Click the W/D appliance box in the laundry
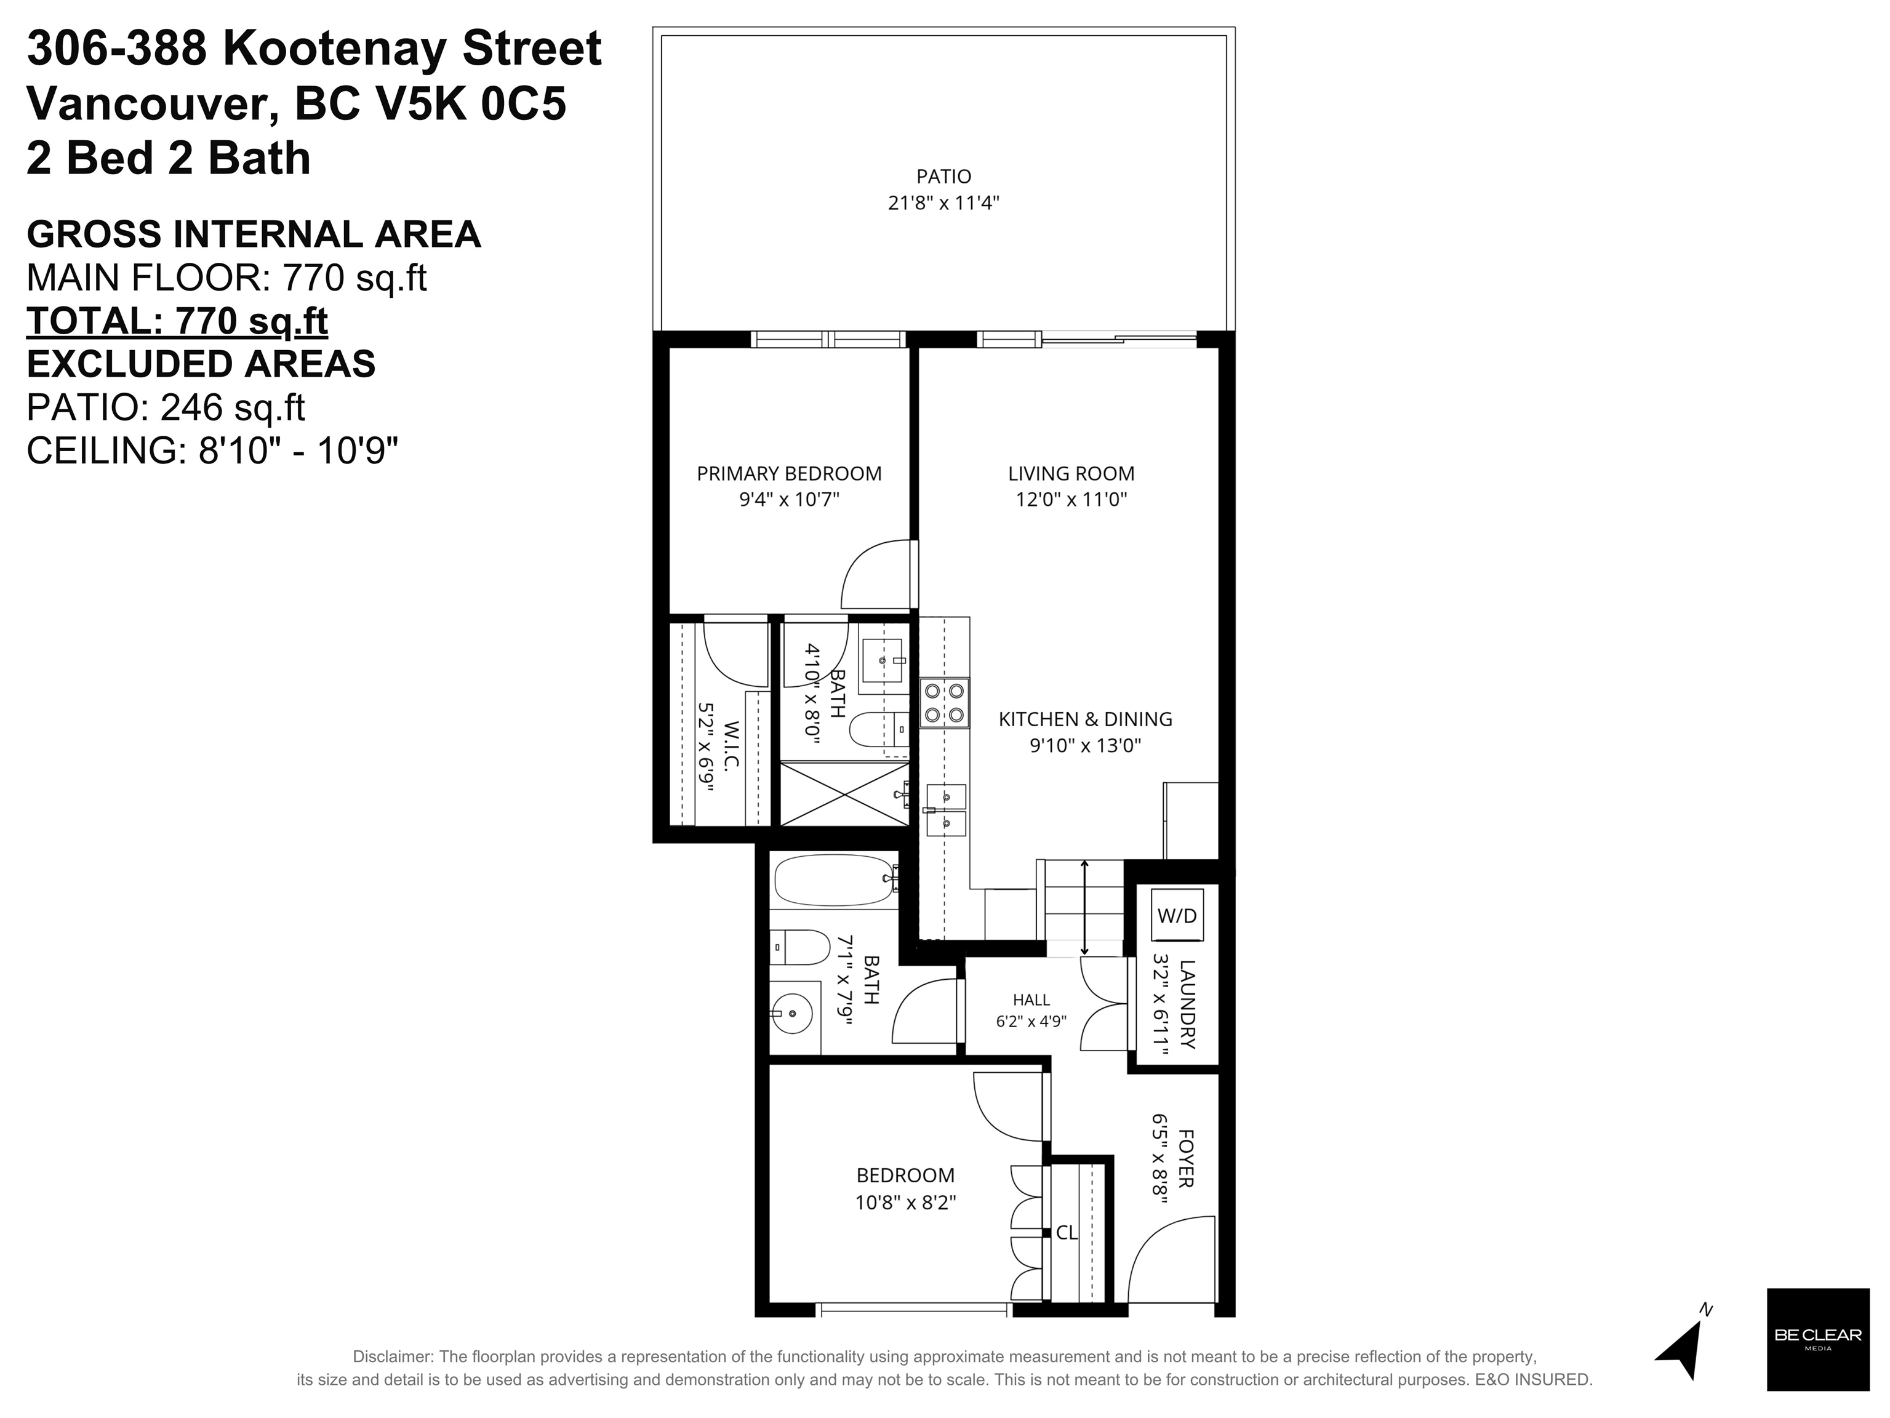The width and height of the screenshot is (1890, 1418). tap(1177, 915)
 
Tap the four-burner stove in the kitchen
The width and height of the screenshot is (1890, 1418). tap(944, 702)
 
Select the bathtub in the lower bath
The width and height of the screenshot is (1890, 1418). tap(836, 880)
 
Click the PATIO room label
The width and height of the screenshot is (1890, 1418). tap(943, 176)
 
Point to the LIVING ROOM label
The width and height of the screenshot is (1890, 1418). tap(1071, 473)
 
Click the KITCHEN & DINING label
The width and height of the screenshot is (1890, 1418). tap(1085, 719)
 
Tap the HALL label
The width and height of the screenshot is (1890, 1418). tap(1031, 999)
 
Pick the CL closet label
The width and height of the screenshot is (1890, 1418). tap(1067, 1233)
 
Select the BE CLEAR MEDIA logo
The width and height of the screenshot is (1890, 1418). tap(1817, 1339)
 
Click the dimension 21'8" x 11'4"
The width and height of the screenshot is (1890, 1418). tap(943, 203)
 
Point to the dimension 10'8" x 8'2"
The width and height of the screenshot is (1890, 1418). tap(905, 1203)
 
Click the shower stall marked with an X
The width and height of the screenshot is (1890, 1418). tap(844, 795)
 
